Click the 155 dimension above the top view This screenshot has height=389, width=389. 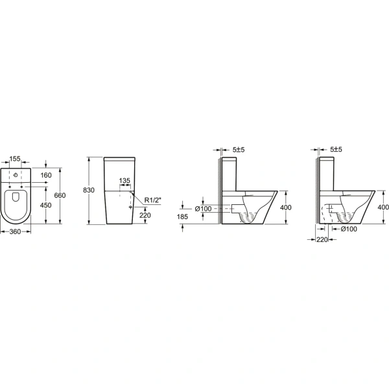[15, 159]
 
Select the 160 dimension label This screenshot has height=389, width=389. [46, 176]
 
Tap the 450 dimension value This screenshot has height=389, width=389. [46, 205]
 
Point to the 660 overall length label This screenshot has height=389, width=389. [60, 196]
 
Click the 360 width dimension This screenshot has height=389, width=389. [15, 231]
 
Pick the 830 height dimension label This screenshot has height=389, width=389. [89, 190]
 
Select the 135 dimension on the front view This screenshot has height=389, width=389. [124, 181]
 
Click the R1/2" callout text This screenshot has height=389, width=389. [153, 200]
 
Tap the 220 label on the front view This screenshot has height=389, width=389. [145, 215]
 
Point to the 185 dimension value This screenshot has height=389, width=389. [182, 217]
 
